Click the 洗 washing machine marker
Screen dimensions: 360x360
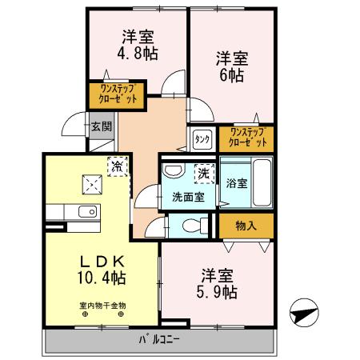pos(204,172)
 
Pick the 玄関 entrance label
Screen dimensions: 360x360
pos(100,126)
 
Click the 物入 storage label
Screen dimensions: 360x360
pos(246,226)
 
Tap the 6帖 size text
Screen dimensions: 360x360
pos(232,76)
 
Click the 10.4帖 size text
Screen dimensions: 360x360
pos(102,278)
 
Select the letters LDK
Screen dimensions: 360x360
pos(102,261)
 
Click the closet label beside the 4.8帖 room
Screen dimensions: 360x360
pos(118,94)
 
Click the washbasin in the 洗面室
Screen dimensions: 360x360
pos(173,172)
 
